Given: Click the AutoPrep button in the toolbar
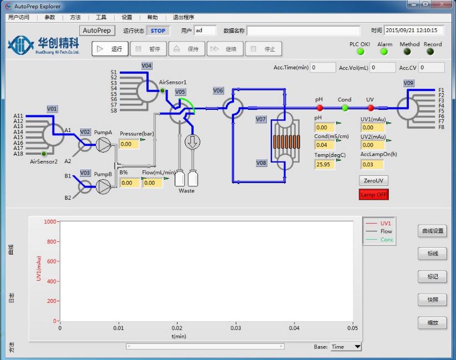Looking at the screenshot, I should tap(97, 31).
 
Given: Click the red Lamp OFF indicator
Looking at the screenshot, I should tap(374, 195).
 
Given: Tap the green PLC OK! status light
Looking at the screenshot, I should tap(360, 52).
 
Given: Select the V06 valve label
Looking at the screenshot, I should tap(218, 90).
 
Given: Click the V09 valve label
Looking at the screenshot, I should tap(408, 83).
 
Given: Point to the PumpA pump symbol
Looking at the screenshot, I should tap(103, 145).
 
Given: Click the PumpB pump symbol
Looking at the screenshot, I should tap(103, 187).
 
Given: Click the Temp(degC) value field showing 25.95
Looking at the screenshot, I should tap(325, 165).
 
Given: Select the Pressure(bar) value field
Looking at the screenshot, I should tap(129, 144).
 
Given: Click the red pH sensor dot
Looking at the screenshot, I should tap(320, 108).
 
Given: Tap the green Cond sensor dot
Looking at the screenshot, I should tap(344, 108).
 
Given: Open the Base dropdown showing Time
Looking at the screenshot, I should tap(346, 347).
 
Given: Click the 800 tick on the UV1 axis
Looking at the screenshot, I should tap(51, 242).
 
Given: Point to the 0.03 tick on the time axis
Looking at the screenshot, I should tap(236, 328).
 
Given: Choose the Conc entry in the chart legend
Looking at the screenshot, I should tap(386, 240).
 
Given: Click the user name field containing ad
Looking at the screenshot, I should tap(205, 31).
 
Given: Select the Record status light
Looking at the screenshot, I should tap(430, 52).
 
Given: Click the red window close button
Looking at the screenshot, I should tap(442, 6).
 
